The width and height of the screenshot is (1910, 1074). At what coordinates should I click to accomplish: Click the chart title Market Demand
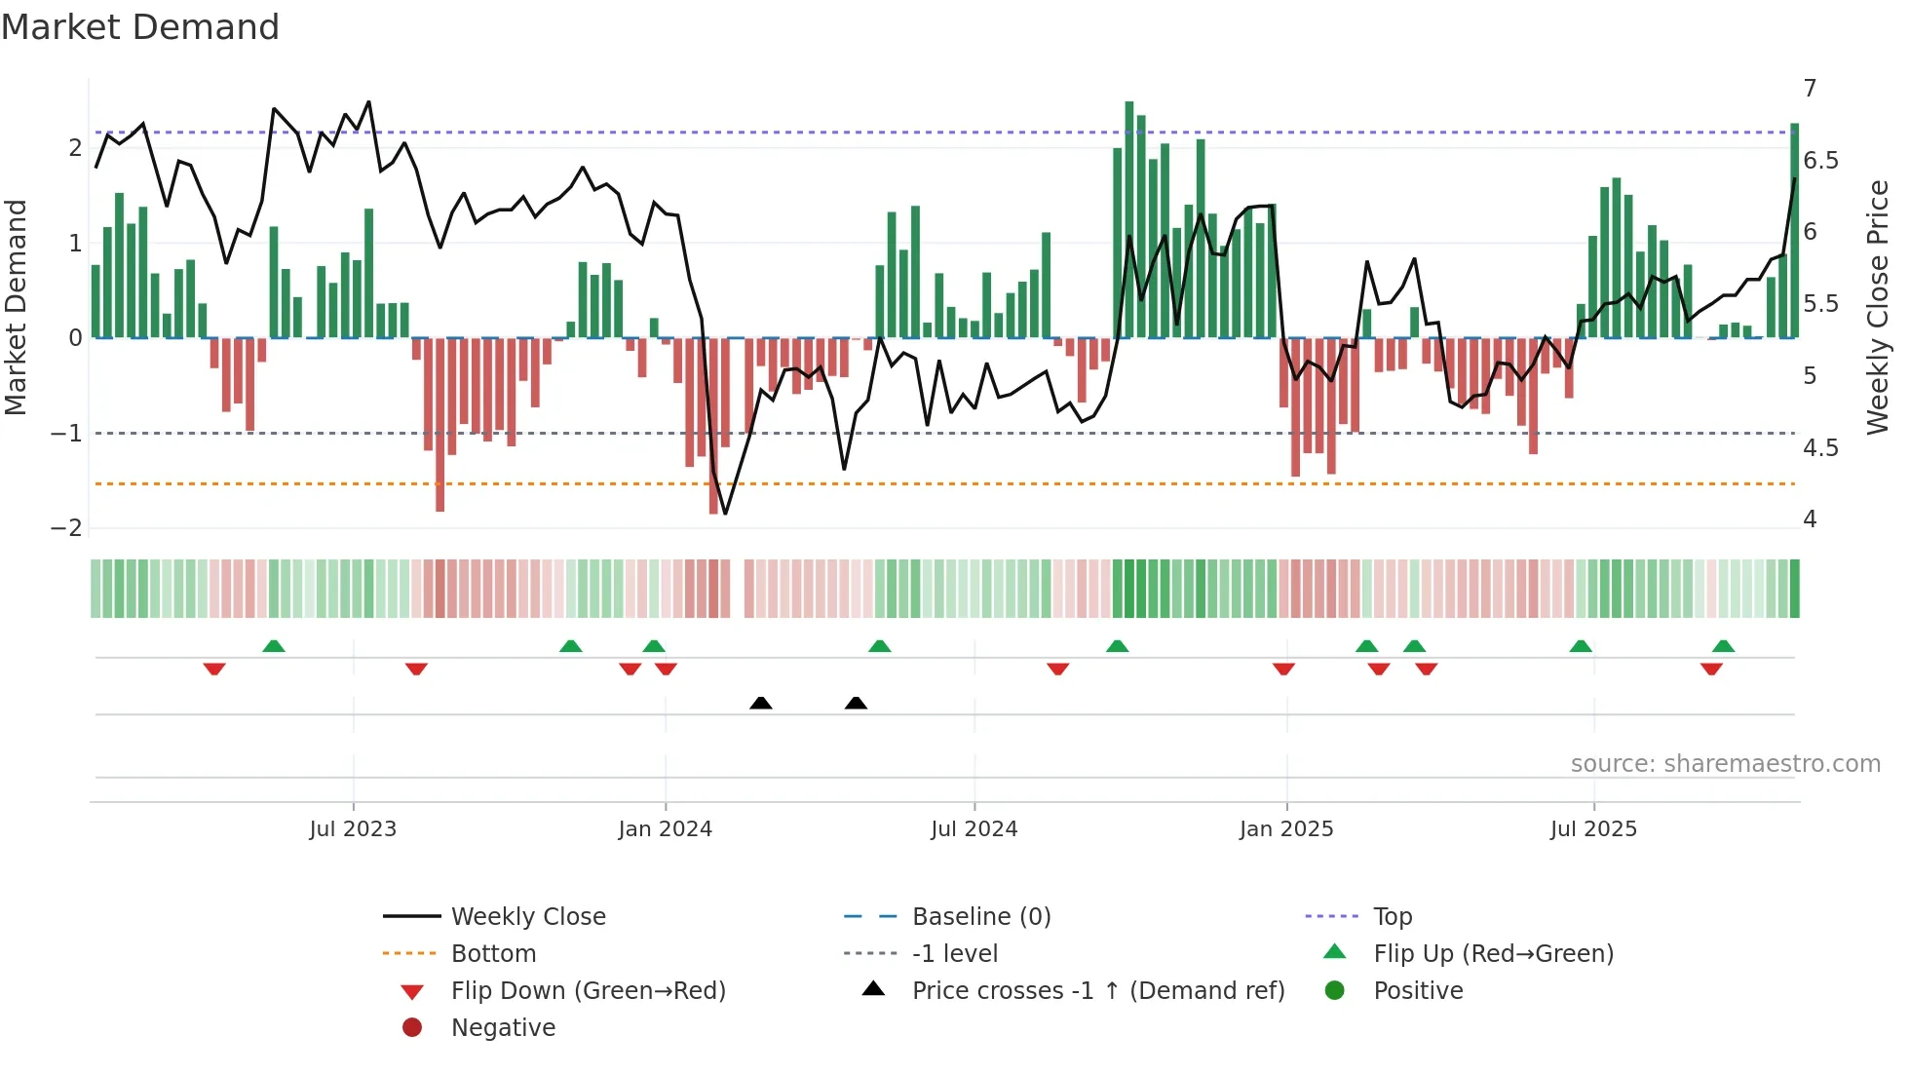coord(140,27)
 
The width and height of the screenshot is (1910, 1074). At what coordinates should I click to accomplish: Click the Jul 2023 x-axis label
coord(353,829)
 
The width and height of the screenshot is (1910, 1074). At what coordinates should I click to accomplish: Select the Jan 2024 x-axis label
coord(665,829)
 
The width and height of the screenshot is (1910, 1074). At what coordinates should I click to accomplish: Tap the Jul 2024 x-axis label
coord(974,829)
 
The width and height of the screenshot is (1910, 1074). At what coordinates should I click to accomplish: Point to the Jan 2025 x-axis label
coord(1286,829)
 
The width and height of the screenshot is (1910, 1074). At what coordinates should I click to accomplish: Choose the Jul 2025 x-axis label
coord(1593,829)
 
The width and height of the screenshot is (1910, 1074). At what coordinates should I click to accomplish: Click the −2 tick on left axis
coord(66,528)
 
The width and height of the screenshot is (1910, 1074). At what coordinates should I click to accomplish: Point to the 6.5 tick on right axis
coord(1820,161)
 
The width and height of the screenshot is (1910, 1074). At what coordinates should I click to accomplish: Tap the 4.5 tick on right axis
coord(1820,448)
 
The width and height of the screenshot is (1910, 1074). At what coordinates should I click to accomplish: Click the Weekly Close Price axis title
coord(1878,307)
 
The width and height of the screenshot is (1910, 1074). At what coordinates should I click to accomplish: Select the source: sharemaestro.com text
coord(1725,764)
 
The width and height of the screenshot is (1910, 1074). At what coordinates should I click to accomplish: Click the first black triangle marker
coord(761,703)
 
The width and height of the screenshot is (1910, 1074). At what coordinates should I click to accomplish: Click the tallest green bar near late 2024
coord(1129,219)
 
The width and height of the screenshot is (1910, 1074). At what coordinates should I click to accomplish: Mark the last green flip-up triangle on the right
coord(1723,646)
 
